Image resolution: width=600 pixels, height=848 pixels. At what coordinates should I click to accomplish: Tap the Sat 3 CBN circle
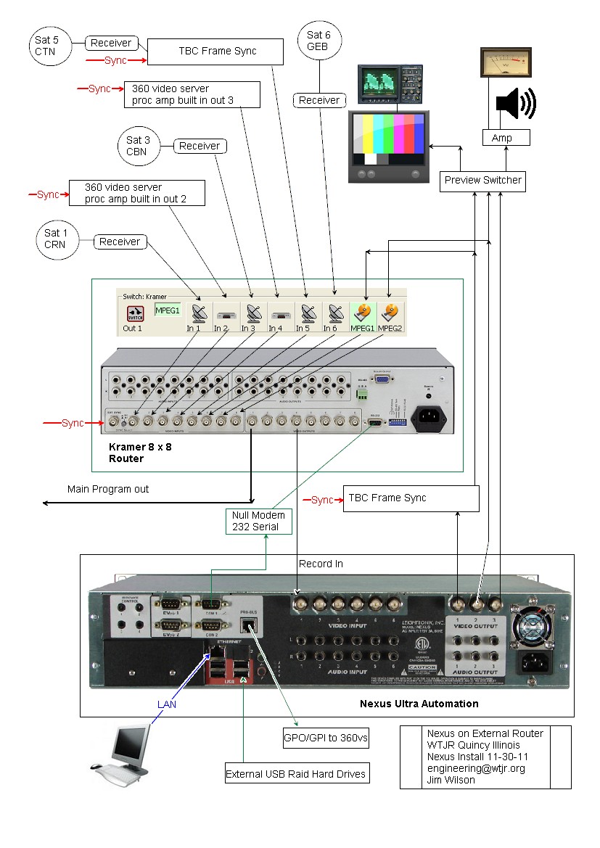[x=137, y=146]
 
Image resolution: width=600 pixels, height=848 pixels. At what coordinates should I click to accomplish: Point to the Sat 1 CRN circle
[x=54, y=239]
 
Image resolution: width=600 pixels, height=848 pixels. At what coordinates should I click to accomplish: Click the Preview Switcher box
[x=482, y=180]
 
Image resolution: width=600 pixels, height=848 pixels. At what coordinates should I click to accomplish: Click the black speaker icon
[x=515, y=104]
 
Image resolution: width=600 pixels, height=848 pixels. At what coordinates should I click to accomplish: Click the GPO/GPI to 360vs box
[x=325, y=739]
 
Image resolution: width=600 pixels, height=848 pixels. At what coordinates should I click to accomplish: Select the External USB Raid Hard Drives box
[x=296, y=773]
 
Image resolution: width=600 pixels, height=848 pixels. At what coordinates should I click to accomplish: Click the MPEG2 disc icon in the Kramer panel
[x=390, y=313]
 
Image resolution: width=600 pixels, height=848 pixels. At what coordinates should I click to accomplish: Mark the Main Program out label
[x=108, y=489]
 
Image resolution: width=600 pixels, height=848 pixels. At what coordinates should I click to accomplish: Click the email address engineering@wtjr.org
[x=475, y=768]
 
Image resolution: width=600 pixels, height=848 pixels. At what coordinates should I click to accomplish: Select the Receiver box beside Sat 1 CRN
[x=120, y=242]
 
